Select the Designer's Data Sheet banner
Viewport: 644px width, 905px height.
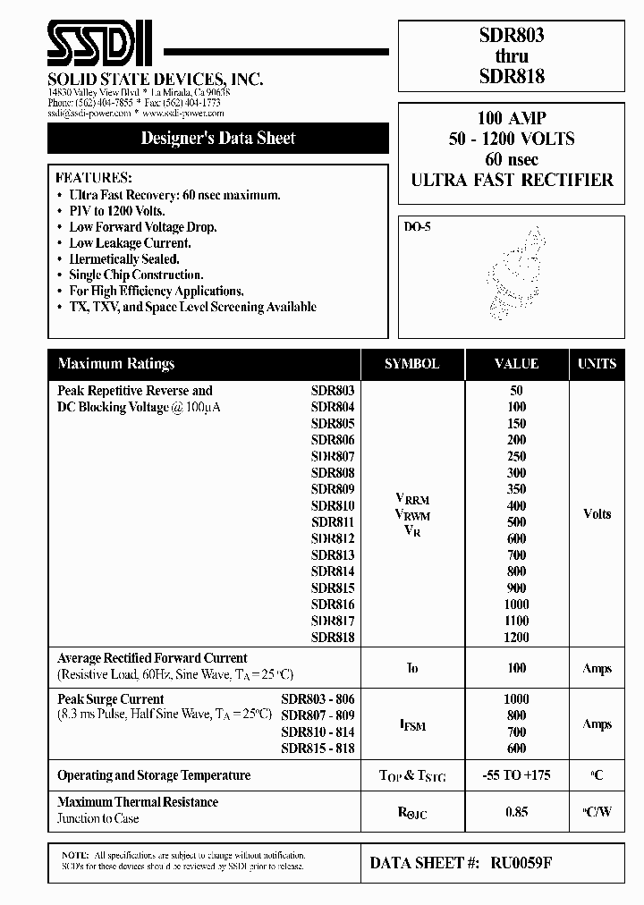click(218, 139)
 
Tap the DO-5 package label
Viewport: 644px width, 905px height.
click(417, 227)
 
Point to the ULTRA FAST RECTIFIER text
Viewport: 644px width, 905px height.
click(512, 180)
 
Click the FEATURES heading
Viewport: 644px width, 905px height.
click(93, 178)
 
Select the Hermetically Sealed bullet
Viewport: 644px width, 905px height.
click(123, 259)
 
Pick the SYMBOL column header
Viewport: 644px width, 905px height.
click(411, 364)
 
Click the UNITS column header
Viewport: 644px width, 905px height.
click(597, 364)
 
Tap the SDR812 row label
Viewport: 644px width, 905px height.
click(333, 538)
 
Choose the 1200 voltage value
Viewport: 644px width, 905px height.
click(516, 638)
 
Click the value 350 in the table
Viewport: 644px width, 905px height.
click(516, 489)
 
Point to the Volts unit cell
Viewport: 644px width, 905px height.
click(597, 514)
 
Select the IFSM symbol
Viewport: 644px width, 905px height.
click(411, 724)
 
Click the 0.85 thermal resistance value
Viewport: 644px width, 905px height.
click(516, 810)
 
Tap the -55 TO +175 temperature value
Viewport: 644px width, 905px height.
click(516, 775)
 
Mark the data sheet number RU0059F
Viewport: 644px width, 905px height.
click(526, 864)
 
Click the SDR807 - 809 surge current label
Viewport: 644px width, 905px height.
click(318, 715)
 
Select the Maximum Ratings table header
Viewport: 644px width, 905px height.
click(116, 364)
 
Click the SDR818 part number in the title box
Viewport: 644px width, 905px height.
click(512, 77)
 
